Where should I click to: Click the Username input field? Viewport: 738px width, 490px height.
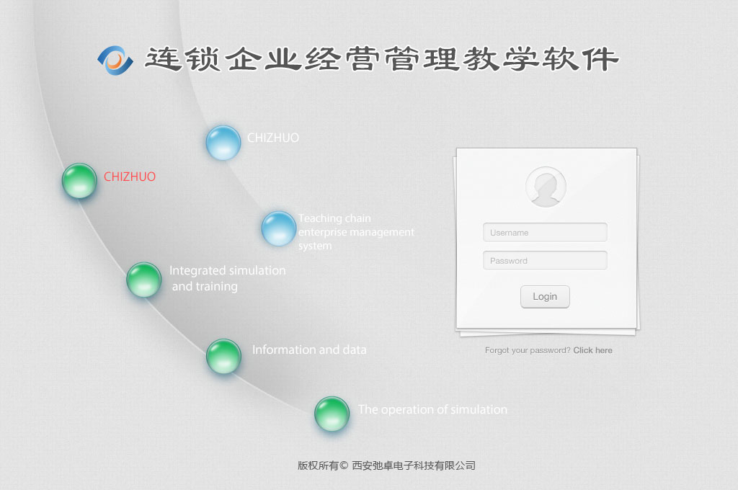pos(545,233)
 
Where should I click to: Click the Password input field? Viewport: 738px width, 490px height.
pos(545,261)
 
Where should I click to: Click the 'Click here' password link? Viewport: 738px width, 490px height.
pos(592,350)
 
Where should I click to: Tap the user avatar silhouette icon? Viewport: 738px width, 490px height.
pos(546,187)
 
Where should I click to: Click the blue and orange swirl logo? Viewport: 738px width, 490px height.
pos(115,61)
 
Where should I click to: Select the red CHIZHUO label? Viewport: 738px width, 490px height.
pos(130,177)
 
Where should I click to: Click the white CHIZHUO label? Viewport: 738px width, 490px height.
pos(273,138)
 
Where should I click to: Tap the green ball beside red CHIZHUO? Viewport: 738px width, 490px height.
pos(79,181)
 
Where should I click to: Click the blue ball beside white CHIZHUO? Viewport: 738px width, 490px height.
pos(223,143)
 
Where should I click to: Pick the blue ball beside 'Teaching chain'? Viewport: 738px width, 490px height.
pos(279,228)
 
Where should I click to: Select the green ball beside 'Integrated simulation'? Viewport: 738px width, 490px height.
pos(144,280)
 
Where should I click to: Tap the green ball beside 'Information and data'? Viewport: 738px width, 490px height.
pos(223,356)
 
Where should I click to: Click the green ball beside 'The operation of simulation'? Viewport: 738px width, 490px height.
pos(332,414)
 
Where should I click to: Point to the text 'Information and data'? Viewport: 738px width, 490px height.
pos(309,349)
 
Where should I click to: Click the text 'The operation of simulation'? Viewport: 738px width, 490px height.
pos(432,409)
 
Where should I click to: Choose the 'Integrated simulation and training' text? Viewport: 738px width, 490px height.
pos(227,278)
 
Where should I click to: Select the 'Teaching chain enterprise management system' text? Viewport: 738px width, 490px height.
pos(356,232)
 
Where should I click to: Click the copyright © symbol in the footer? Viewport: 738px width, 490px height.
pos(344,465)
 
